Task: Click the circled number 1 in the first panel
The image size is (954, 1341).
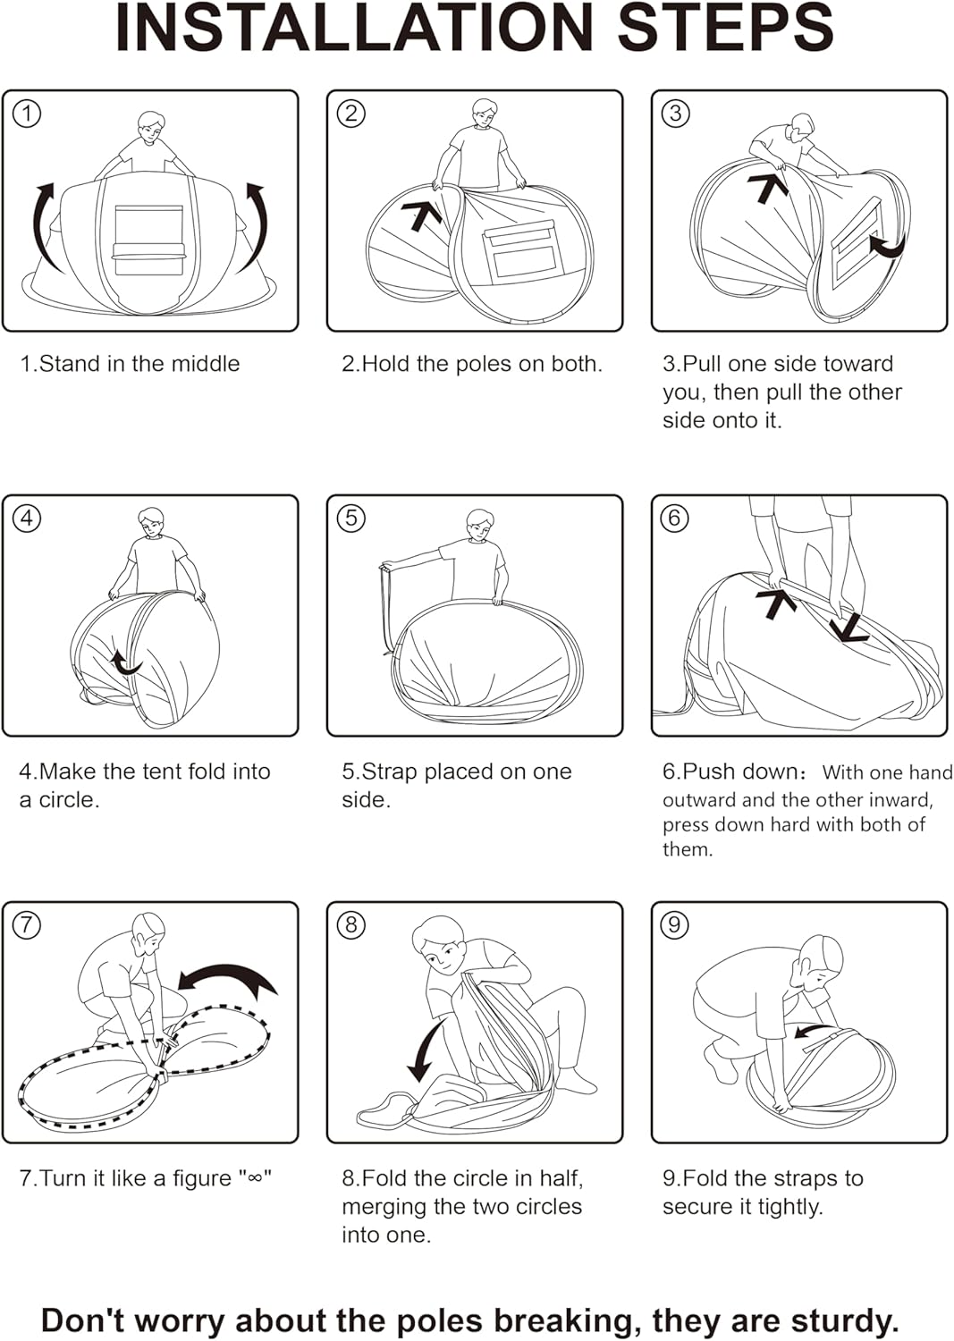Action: tap(28, 114)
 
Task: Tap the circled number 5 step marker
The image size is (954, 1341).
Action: tap(351, 518)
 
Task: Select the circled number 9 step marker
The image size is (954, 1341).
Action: tap(675, 924)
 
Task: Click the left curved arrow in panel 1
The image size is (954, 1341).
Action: tap(45, 223)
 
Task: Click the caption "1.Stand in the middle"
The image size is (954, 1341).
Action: tap(131, 364)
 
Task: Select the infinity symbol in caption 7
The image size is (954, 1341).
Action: tap(255, 1178)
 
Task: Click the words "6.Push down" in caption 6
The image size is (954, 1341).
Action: tap(730, 772)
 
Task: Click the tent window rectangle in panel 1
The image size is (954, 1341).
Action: tap(148, 240)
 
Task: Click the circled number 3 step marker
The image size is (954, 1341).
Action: tap(675, 114)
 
